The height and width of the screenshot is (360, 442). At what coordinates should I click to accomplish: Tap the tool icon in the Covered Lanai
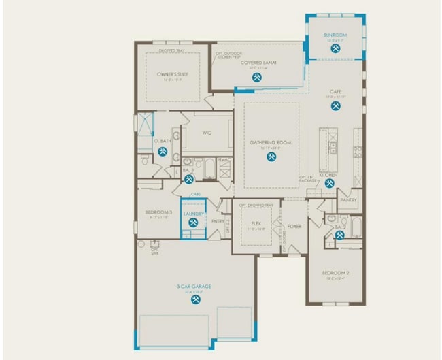(x=257, y=77)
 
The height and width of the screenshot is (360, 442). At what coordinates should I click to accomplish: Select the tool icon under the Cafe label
(x=334, y=105)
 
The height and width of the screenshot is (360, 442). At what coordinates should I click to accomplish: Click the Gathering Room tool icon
(x=271, y=157)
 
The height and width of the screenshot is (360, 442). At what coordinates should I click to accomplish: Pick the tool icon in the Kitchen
(x=329, y=182)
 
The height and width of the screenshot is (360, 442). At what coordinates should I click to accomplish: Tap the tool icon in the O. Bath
(x=163, y=151)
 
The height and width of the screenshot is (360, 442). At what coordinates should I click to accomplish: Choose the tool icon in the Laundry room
(x=193, y=222)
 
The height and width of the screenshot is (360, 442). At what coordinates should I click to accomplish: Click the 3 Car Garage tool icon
(x=196, y=298)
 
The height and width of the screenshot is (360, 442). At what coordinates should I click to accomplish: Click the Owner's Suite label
(x=173, y=73)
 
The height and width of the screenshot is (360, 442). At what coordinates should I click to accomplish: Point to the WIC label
(x=207, y=133)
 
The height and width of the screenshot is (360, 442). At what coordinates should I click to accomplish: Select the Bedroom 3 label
(x=158, y=213)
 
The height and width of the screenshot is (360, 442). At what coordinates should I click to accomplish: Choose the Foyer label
(x=294, y=226)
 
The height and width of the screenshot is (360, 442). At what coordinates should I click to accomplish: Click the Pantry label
(x=348, y=201)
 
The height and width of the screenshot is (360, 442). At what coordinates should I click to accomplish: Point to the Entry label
(x=218, y=221)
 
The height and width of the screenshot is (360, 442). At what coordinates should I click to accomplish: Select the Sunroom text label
(x=335, y=35)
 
